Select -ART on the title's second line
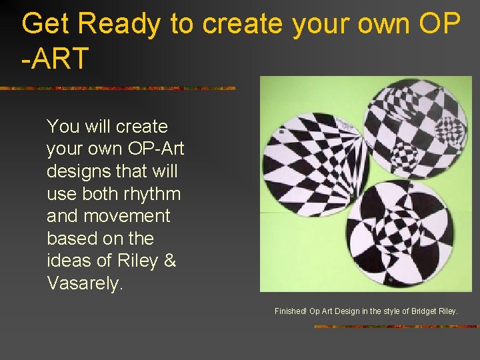(x=55, y=59)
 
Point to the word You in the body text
(x=64, y=127)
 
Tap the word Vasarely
(x=85, y=283)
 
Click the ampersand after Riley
(x=169, y=261)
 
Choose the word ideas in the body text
(x=69, y=261)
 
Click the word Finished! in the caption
(x=290, y=311)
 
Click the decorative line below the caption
(x=396, y=327)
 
